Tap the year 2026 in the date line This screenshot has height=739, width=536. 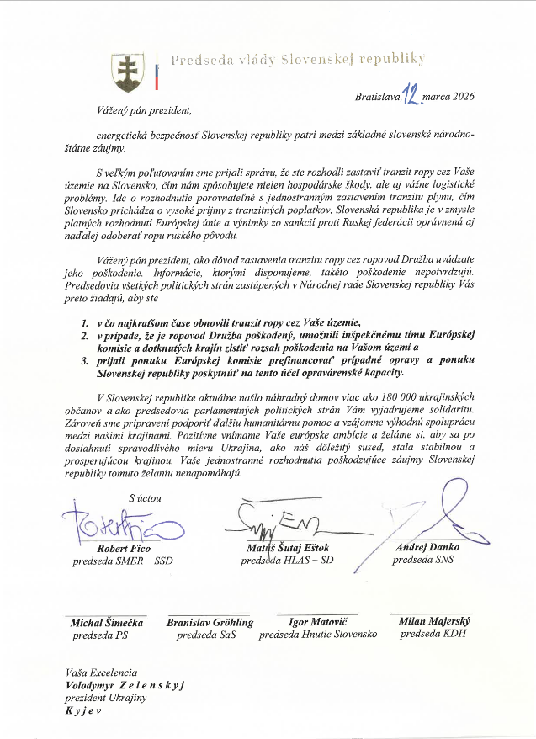tap(462, 96)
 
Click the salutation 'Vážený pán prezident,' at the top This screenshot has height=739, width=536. tap(142, 109)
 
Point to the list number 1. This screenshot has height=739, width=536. tap(85, 323)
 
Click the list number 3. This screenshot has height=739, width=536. tap(85, 359)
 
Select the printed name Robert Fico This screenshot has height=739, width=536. tap(125, 548)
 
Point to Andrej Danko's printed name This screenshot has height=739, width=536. tap(428, 548)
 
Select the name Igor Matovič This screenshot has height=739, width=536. tap(317, 622)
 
